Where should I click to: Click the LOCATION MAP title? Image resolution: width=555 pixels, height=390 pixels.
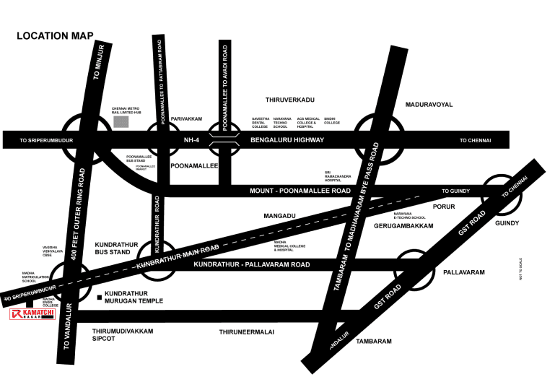point(54,35)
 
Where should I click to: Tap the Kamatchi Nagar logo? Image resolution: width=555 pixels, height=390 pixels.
point(33,315)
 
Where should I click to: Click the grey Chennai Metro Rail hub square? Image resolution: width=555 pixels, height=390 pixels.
point(121,121)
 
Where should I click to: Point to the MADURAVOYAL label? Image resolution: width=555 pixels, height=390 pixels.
point(429,105)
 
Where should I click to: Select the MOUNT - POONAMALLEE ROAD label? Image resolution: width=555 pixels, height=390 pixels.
point(289,191)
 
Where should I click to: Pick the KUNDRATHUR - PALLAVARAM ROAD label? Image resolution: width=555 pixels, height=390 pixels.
point(252,265)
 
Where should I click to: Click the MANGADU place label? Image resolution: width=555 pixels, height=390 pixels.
point(276,215)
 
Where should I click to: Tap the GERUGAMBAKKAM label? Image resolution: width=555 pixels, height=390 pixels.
point(403,226)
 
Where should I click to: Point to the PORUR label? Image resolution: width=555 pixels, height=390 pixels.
point(443,206)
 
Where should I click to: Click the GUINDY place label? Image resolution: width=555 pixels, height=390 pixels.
point(507,223)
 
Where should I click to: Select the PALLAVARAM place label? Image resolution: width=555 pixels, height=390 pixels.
point(463,272)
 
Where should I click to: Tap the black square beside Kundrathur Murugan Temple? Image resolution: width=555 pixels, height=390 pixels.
point(99,297)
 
